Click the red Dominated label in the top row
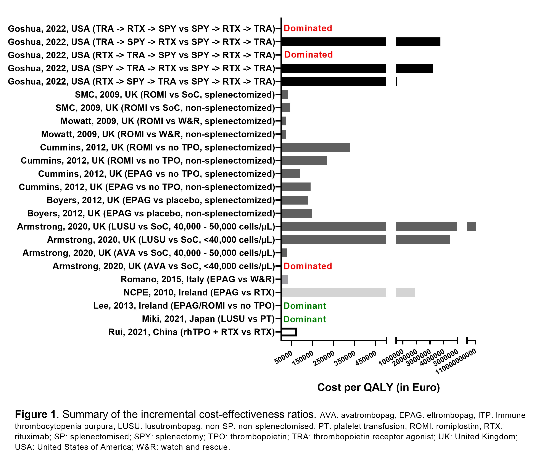(x=308, y=28)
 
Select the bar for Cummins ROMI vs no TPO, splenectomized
(x=316, y=147)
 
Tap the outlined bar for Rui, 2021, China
(x=289, y=332)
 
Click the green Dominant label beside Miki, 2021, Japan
(x=305, y=319)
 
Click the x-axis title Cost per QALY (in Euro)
(x=378, y=387)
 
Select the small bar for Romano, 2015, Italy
(x=285, y=279)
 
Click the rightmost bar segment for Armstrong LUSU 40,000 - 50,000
(x=471, y=227)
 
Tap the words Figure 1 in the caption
(x=35, y=415)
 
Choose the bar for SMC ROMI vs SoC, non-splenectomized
(x=286, y=108)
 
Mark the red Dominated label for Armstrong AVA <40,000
(x=308, y=266)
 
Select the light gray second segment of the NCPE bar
(x=405, y=293)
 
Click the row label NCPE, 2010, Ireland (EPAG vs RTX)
(x=199, y=293)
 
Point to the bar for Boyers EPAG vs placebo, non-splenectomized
(x=297, y=213)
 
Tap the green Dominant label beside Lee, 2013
(x=305, y=306)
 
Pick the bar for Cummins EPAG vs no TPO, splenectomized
(x=291, y=174)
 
